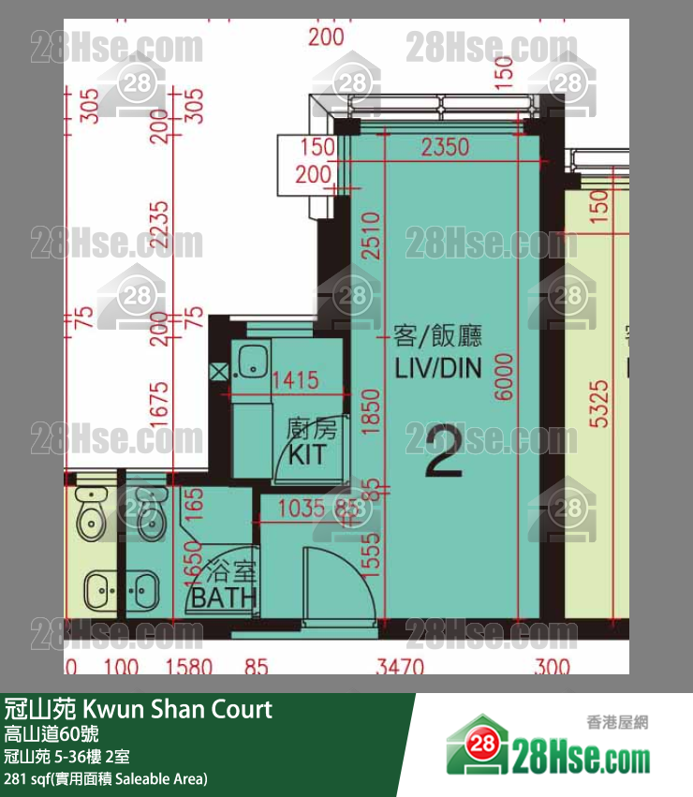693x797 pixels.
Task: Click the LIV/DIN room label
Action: (x=438, y=368)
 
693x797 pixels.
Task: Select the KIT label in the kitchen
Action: (x=306, y=456)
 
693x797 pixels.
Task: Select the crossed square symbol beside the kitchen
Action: (x=218, y=372)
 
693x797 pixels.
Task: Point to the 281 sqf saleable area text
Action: (x=106, y=778)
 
